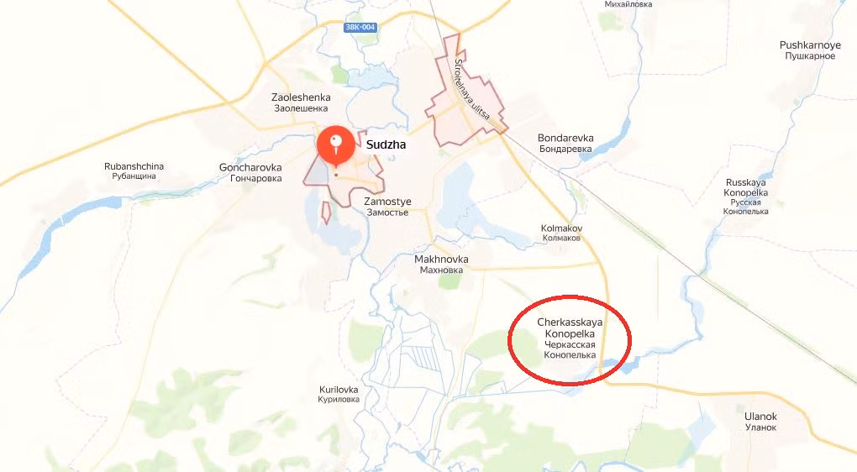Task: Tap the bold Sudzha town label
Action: pos(386,144)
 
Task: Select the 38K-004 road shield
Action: pos(360,28)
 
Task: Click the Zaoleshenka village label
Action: pos(301,102)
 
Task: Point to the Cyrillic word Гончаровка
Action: pos(250,178)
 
